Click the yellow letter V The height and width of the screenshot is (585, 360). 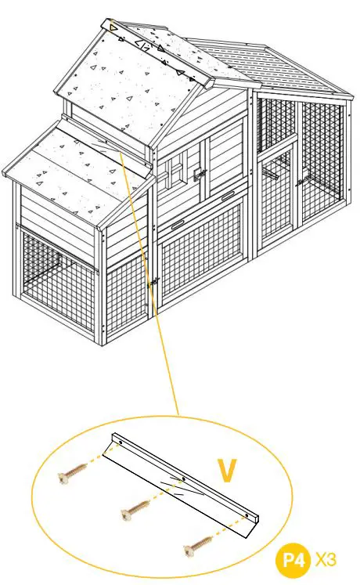pyautogui.click(x=228, y=470)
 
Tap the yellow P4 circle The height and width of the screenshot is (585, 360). pyautogui.click(x=293, y=561)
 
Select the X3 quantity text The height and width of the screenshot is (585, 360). pyautogui.click(x=326, y=561)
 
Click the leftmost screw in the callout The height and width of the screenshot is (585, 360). pyautogui.click(x=71, y=475)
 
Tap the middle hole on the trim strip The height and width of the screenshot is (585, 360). pyautogui.click(x=182, y=478)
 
